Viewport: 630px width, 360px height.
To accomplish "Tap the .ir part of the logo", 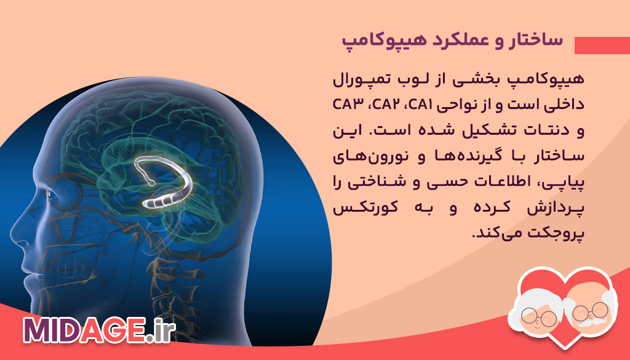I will [161, 330].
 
